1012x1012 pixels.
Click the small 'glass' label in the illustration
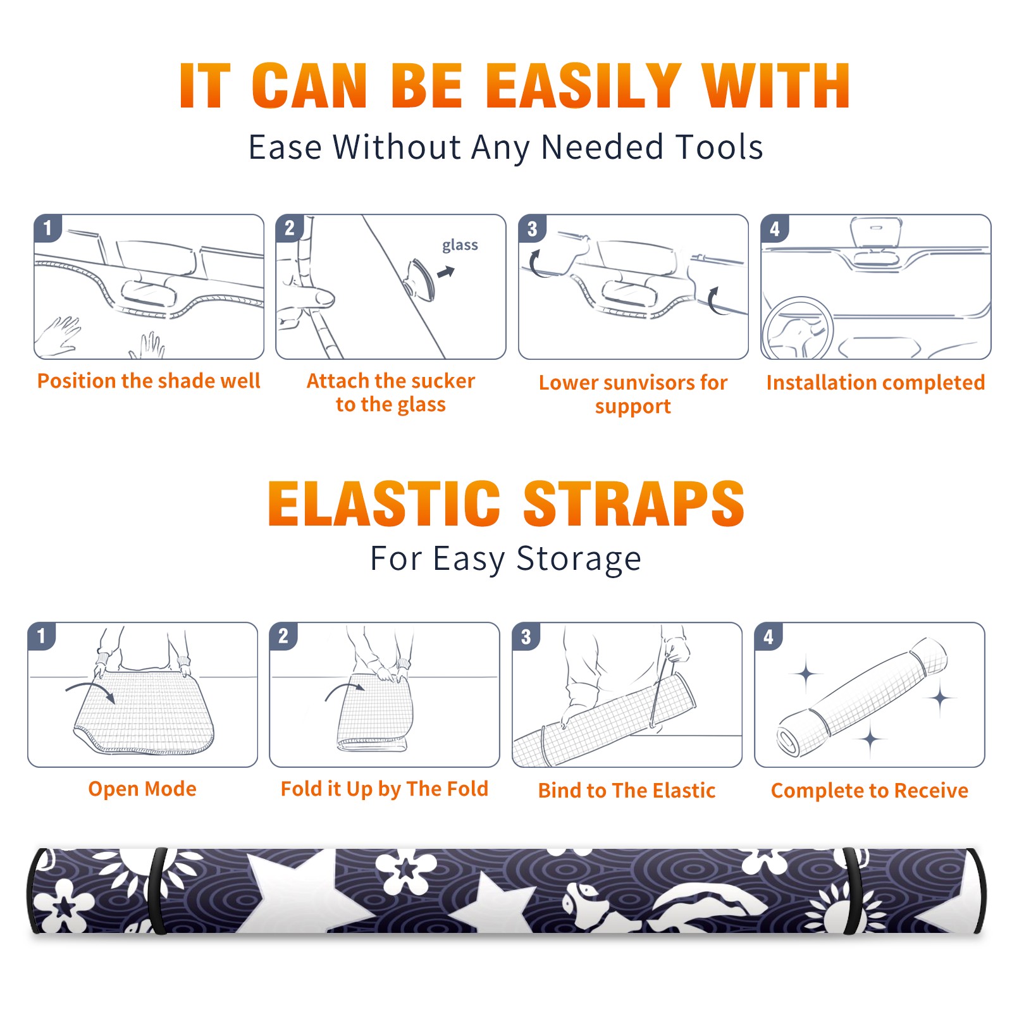(460, 245)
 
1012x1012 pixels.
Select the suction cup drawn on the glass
(419, 279)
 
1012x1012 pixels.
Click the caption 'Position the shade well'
(149, 381)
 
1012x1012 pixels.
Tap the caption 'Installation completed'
(875, 383)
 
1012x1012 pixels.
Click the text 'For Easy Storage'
(506, 558)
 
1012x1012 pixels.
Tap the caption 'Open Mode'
(142, 789)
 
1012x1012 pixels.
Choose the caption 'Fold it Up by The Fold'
(385, 789)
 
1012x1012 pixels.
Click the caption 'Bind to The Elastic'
(627, 791)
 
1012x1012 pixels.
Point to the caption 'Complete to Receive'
(870, 791)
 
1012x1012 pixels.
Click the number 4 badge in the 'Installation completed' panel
(775, 228)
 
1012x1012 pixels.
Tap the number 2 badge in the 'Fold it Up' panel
(283, 636)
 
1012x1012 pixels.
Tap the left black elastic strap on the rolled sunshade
(156, 891)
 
